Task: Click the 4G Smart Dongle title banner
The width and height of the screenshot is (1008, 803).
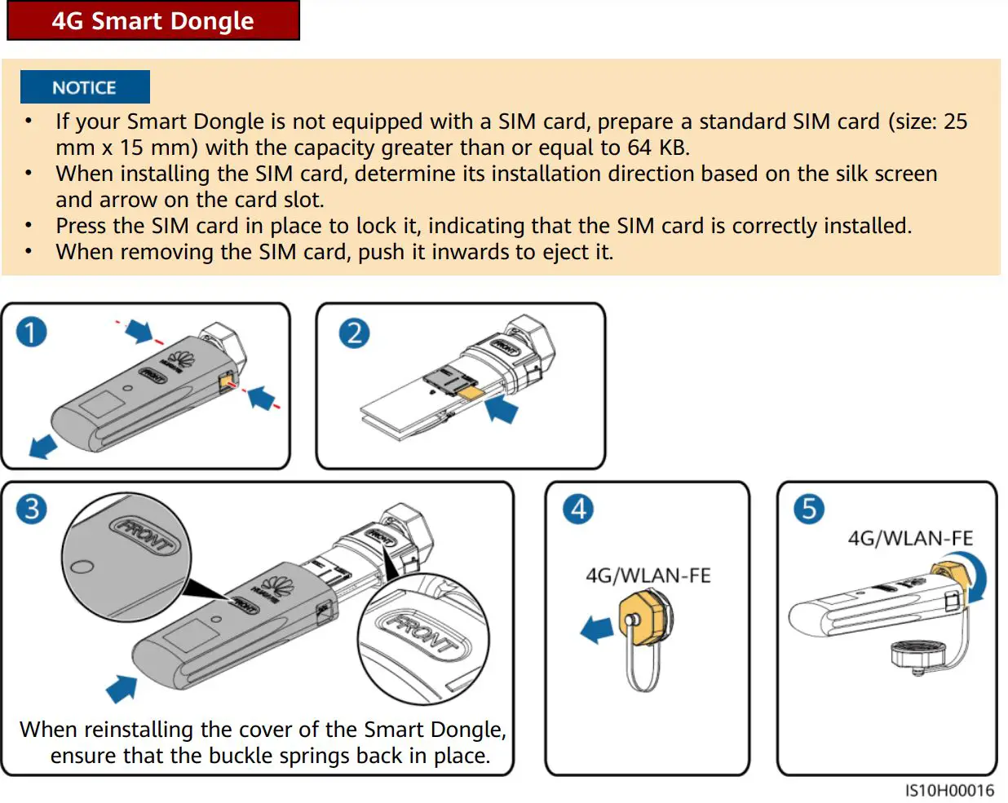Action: coord(153,20)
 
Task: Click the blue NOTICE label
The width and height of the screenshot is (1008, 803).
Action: coord(85,87)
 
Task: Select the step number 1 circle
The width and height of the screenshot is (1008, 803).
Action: coord(32,333)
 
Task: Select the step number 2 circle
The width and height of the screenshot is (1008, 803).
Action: coord(354,333)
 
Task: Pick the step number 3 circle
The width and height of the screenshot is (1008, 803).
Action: coord(32,509)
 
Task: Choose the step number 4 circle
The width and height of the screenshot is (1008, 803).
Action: coord(577,509)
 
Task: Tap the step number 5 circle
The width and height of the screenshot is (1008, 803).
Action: coord(809,509)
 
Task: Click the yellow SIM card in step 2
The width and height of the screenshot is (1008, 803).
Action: coord(471,394)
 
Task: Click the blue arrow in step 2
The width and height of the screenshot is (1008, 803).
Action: coord(502,408)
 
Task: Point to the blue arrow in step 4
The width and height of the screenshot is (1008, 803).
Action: coord(597,629)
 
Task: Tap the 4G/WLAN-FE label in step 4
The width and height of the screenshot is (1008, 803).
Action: coord(648,576)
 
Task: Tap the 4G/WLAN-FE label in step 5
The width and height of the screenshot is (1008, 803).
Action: coord(910,538)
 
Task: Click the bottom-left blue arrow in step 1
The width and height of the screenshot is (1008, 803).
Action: coord(44,446)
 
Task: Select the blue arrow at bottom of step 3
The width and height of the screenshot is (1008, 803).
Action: coord(122,688)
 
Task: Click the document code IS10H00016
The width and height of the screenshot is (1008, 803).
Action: coord(949,790)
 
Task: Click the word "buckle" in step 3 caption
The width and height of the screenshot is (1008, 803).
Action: coord(242,756)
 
